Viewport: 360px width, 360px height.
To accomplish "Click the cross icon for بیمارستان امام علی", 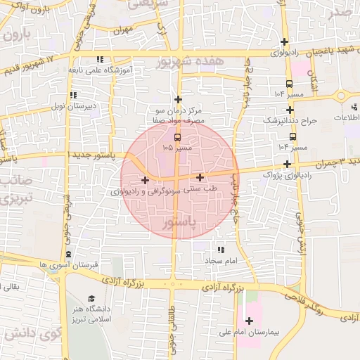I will [250, 321].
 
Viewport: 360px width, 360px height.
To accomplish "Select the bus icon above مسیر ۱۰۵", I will [176, 137].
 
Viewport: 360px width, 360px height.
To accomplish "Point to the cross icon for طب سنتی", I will [201, 178].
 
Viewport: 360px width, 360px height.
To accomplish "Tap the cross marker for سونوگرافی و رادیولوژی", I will [146, 180].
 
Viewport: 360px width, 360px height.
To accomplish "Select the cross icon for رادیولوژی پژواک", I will [287, 164].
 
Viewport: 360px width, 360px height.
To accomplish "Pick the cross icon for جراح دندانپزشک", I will [290, 110].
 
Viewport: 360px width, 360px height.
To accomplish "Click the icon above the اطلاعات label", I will [354, 107].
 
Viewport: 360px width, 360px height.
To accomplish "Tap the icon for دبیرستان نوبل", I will [72, 96].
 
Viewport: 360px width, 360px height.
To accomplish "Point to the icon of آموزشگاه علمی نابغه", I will [101, 60].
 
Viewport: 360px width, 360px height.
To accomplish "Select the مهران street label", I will [126, 30].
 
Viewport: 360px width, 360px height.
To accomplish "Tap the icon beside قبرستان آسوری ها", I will [68, 255].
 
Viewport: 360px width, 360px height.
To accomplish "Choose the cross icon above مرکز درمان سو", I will [179, 100].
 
